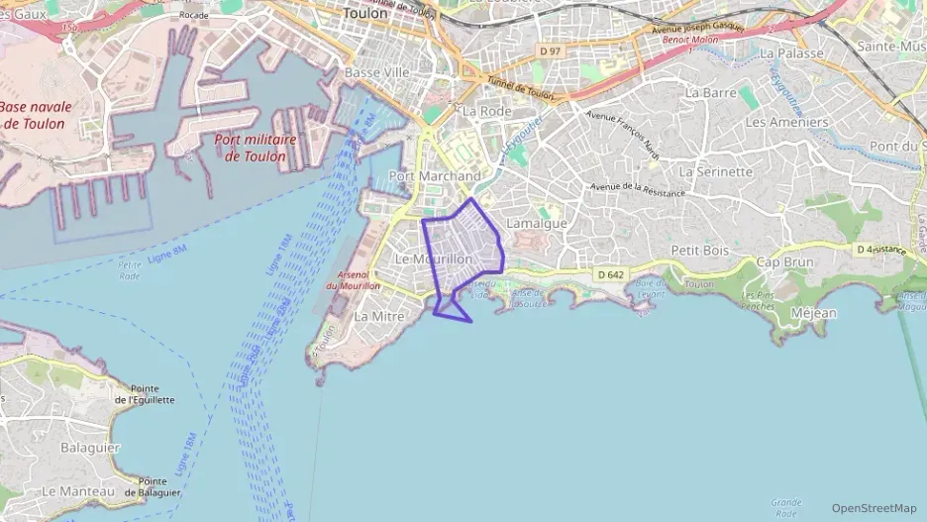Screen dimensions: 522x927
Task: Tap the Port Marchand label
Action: point(435,176)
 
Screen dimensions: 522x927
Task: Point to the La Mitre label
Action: point(378,316)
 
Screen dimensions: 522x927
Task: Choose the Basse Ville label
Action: point(377,73)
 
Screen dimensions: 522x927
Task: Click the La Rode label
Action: point(486,111)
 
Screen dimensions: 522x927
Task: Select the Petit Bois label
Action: point(700,251)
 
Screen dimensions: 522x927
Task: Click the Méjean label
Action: point(814,313)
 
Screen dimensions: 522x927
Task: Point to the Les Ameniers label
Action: point(786,122)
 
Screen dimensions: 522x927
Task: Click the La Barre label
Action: point(708,92)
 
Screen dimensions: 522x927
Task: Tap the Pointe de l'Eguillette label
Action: point(146,394)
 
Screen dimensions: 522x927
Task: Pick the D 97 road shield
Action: point(551,49)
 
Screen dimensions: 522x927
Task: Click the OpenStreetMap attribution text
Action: point(875,508)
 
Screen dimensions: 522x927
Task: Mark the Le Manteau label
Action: point(78,491)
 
